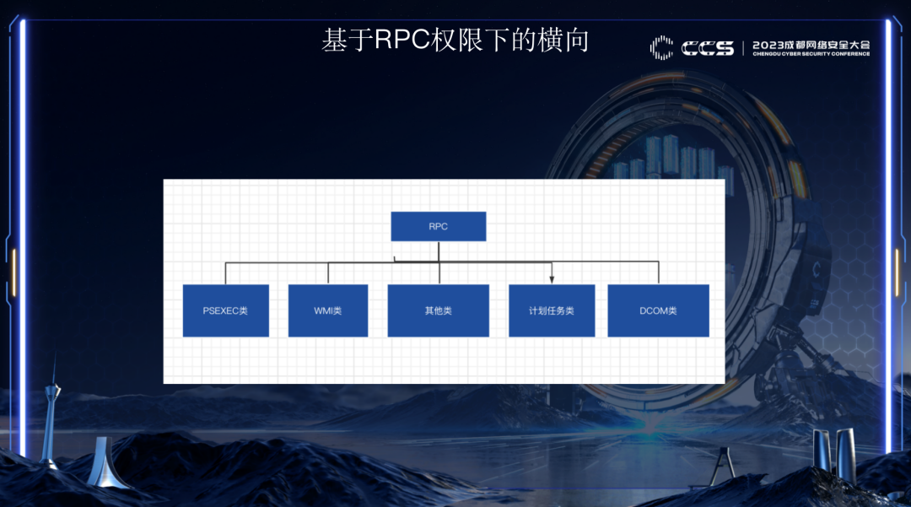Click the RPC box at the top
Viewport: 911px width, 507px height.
click(x=438, y=226)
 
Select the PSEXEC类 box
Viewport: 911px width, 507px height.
click(x=225, y=310)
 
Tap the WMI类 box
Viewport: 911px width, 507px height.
click(x=327, y=310)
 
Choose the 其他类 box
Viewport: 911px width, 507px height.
click(x=438, y=310)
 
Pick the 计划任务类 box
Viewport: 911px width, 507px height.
click(x=551, y=310)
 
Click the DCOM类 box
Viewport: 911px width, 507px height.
click(x=658, y=310)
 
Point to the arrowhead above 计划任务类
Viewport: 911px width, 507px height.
click(x=552, y=279)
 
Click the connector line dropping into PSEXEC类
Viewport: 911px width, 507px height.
click(x=225, y=273)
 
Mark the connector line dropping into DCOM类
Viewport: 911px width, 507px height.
click(x=658, y=273)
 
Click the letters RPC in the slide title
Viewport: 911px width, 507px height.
click(x=402, y=40)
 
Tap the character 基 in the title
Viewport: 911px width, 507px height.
click(x=335, y=40)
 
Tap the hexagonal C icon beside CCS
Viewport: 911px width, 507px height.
click(x=661, y=47)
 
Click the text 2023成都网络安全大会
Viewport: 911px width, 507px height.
click(x=811, y=44)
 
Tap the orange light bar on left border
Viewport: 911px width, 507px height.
click(x=13, y=272)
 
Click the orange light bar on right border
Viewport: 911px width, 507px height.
click(x=897, y=272)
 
